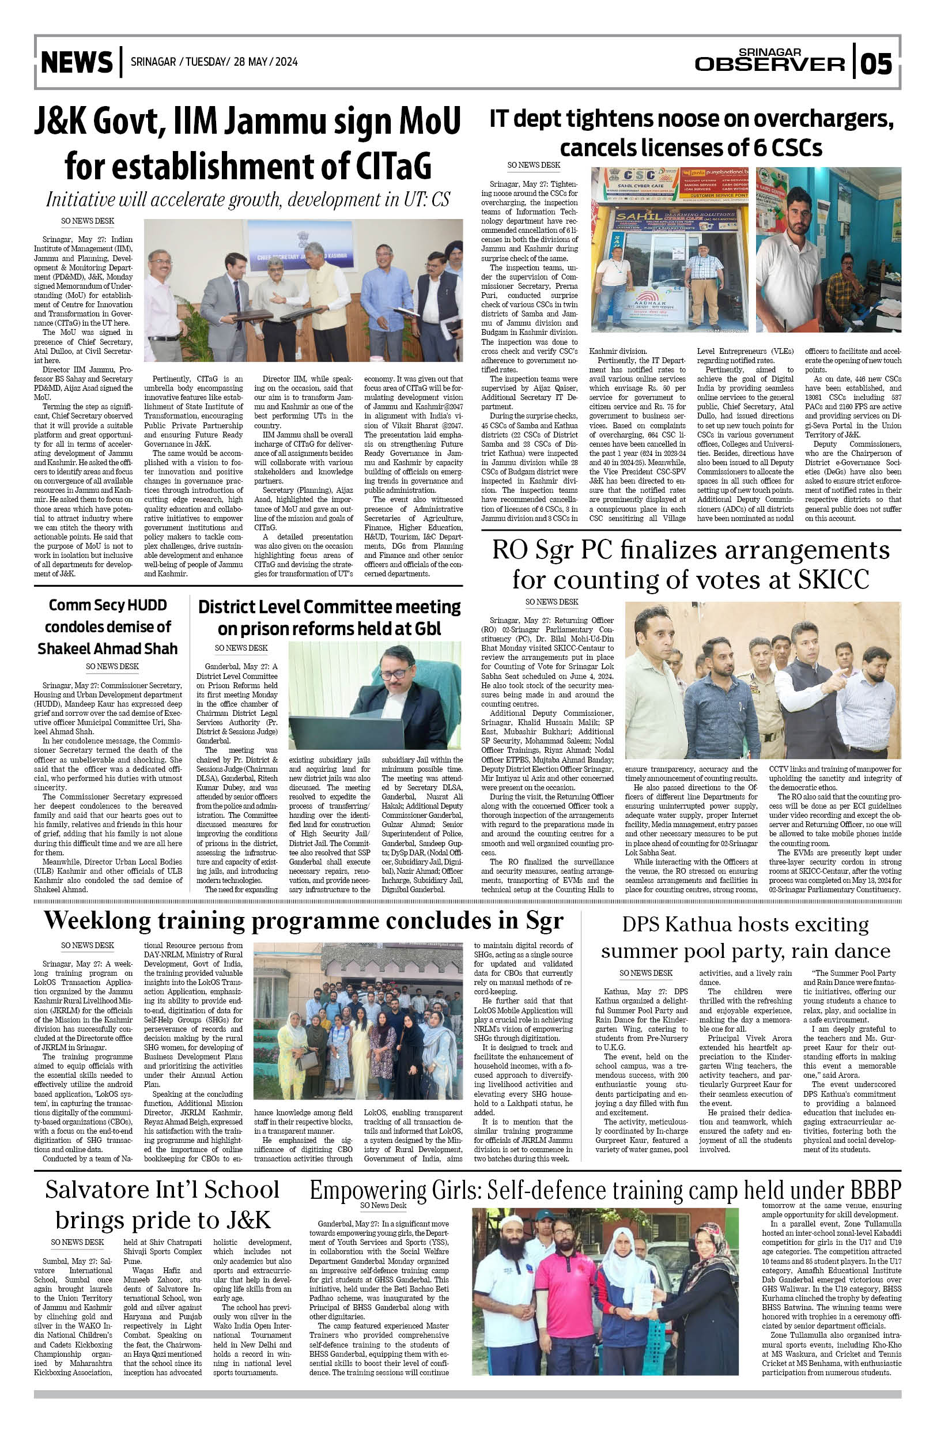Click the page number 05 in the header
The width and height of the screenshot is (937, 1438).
[x=876, y=63]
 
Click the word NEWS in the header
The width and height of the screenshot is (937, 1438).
[x=77, y=63]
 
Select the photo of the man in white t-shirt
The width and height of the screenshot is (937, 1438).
[x=828, y=250]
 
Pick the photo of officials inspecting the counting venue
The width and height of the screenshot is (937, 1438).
[x=762, y=680]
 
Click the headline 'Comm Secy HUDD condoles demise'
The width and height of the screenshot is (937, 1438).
[x=108, y=626]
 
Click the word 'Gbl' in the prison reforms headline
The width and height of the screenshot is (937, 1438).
[x=428, y=629]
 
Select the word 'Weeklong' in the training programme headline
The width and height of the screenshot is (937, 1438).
[x=97, y=922]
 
